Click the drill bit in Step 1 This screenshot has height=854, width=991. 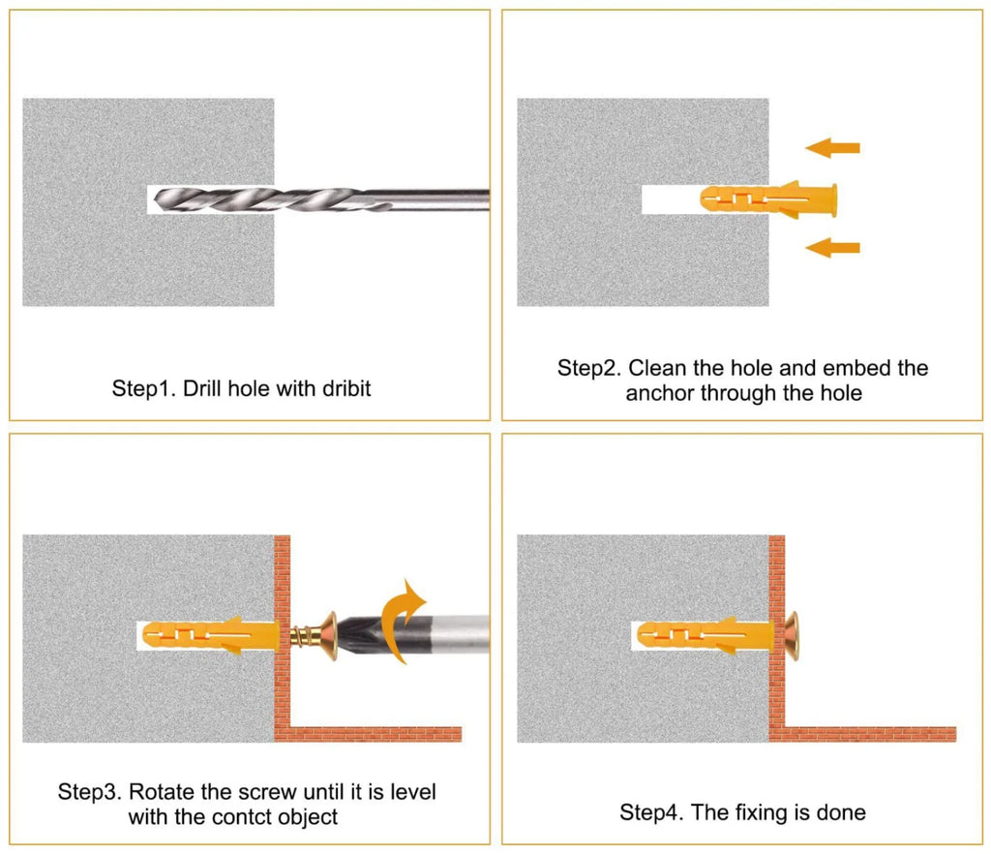[322, 199]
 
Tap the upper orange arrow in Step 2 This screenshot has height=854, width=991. [832, 148]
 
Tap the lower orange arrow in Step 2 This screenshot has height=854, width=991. [832, 247]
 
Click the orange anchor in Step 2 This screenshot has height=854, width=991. [768, 199]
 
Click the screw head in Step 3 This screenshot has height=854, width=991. [330, 636]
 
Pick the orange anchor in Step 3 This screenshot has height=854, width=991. [210, 636]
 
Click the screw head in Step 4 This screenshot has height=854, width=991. [792, 636]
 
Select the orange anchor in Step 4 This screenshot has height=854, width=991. [706, 636]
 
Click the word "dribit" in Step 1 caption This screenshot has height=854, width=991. [346, 388]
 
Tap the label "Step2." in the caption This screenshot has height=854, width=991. [589, 368]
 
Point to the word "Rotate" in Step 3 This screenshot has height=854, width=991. [162, 791]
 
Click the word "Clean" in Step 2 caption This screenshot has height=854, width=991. [657, 368]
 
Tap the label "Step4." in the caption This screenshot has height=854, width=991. [651, 812]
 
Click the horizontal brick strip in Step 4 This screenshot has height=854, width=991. [870, 735]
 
